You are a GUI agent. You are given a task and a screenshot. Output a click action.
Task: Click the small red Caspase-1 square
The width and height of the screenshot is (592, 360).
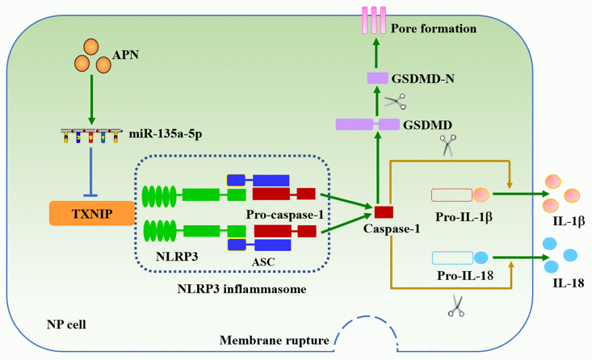tap(383, 211)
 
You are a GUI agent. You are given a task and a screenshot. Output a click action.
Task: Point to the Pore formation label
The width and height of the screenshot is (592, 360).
tap(433, 29)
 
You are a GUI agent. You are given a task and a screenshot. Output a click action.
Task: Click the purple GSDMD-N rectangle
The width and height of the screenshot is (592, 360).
tap(378, 77)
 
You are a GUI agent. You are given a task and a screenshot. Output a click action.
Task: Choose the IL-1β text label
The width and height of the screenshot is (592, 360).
tap(565, 220)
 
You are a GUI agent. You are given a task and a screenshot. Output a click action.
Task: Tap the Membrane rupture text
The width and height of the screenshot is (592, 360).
tap(275, 340)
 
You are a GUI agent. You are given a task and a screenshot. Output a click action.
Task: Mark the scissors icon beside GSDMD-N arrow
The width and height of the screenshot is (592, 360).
tap(395, 101)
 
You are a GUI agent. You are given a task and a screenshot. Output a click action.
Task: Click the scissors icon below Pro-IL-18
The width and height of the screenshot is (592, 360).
tap(456, 306)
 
